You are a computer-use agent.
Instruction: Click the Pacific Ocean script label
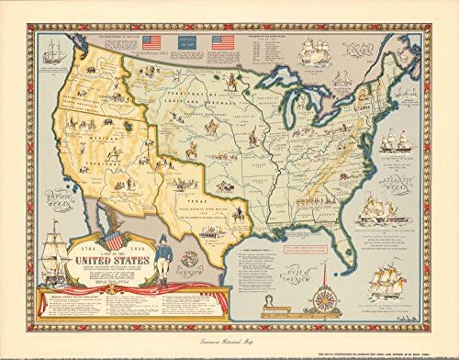tap(40, 196)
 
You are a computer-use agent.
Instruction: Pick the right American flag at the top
tap(221, 42)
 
